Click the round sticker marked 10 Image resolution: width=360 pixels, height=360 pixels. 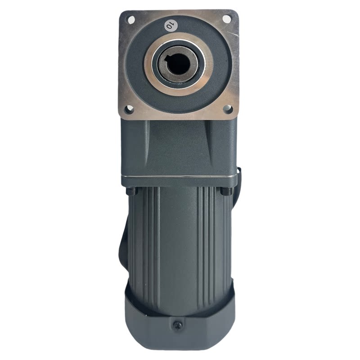[171, 25]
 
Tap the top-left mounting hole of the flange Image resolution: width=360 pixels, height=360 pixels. [131, 19]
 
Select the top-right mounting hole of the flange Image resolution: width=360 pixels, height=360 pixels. [227, 19]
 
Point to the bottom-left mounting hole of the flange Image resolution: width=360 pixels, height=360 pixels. [129, 109]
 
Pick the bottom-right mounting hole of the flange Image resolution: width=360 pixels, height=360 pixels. [228, 109]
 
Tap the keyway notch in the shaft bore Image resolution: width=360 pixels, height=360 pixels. [168, 59]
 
